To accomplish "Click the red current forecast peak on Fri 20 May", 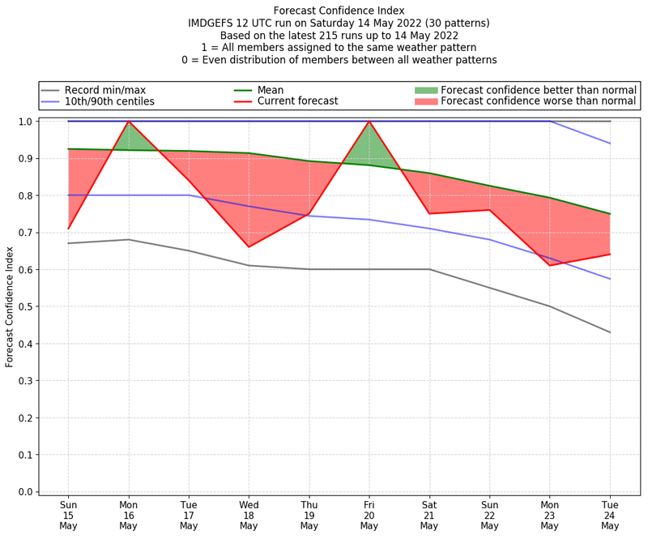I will coord(369,122).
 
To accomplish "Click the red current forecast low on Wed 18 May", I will coord(249,247).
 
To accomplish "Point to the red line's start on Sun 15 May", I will coord(69,229).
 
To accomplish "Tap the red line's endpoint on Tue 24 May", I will coord(610,255).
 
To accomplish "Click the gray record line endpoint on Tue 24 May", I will coord(610,332).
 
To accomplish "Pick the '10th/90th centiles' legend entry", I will coord(109,101).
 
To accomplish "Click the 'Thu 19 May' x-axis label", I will coord(309,515).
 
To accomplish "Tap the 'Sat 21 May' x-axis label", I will coord(429,515).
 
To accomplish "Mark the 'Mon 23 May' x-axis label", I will coord(550,515).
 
